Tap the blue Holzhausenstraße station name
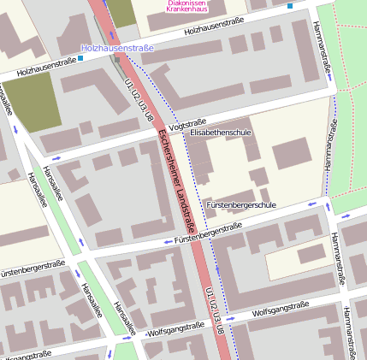(x=117, y=49)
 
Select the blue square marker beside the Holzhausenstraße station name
(x=80, y=59)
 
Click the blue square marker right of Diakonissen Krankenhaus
(x=290, y=6)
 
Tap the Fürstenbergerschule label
(x=241, y=205)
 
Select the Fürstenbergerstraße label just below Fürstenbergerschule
(x=208, y=233)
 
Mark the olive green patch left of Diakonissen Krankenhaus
(x=121, y=12)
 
